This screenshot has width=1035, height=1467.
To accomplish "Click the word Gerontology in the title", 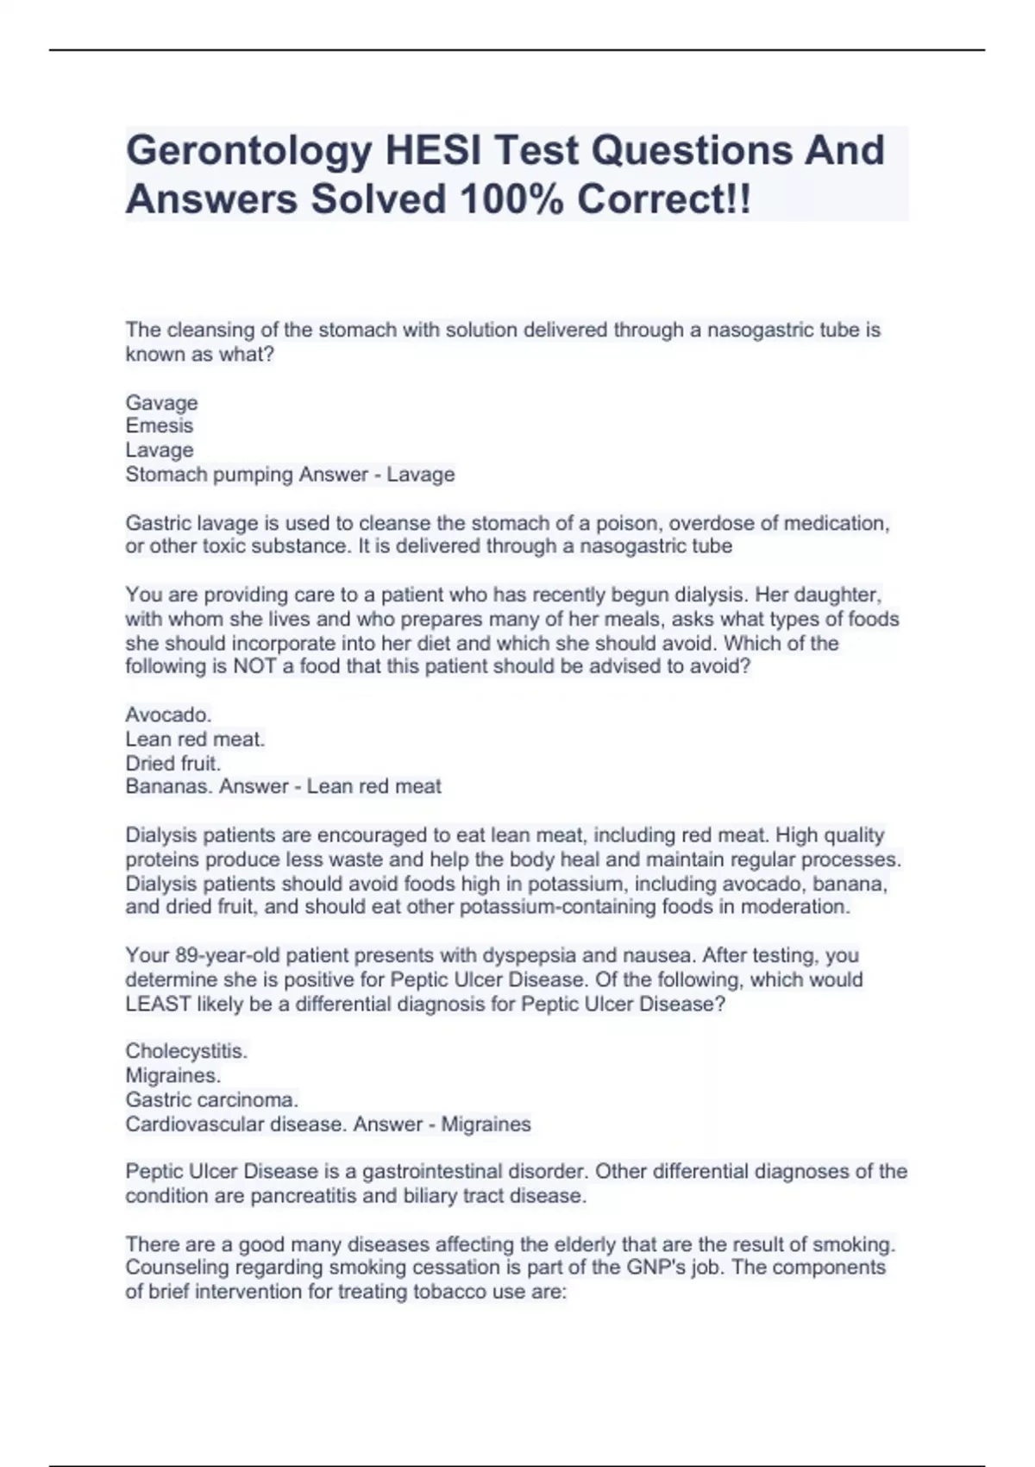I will point(249,151).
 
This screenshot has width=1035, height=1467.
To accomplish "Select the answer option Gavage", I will point(161,402).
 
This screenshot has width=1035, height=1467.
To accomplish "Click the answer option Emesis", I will point(160,425).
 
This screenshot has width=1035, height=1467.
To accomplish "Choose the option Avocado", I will point(168,715).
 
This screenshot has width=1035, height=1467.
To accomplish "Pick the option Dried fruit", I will point(172,763).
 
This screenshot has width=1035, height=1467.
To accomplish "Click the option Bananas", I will point(169,786).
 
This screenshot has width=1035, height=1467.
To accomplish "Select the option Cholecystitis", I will point(186,1051).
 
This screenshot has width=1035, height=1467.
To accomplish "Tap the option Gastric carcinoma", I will point(211,1099).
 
